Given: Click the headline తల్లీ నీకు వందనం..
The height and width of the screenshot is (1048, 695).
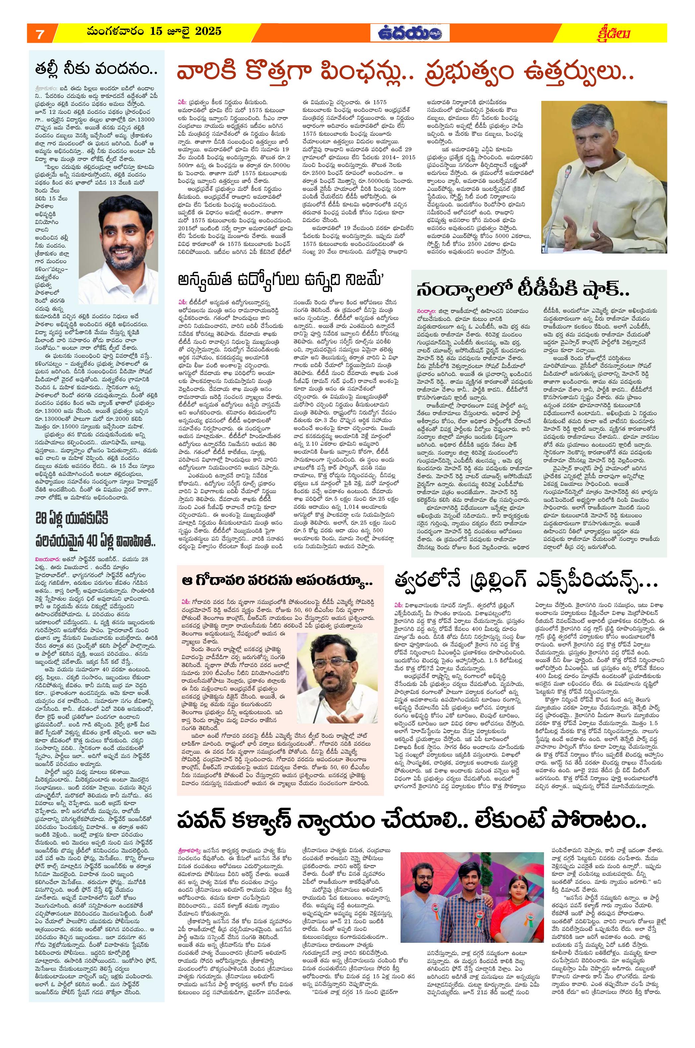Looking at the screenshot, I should [96, 70].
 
